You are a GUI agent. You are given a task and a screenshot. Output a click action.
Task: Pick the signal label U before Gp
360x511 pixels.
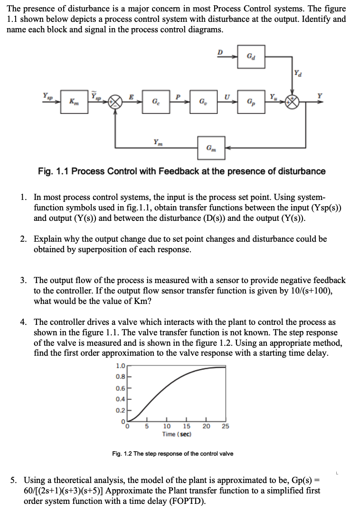pyautogui.click(x=227, y=96)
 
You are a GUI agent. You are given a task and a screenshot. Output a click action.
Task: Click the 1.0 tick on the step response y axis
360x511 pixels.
pyautogui.click(x=121, y=366)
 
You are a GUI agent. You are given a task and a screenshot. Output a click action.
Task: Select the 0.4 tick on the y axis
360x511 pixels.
pyautogui.click(x=121, y=397)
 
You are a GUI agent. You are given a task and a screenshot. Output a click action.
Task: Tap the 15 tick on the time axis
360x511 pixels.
pyautogui.click(x=187, y=426)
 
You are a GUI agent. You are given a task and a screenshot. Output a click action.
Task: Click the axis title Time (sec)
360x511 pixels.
pyautogui.click(x=176, y=434)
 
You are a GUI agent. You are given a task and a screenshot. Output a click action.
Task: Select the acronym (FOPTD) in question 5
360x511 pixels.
pyautogui.click(x=189, y=502)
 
